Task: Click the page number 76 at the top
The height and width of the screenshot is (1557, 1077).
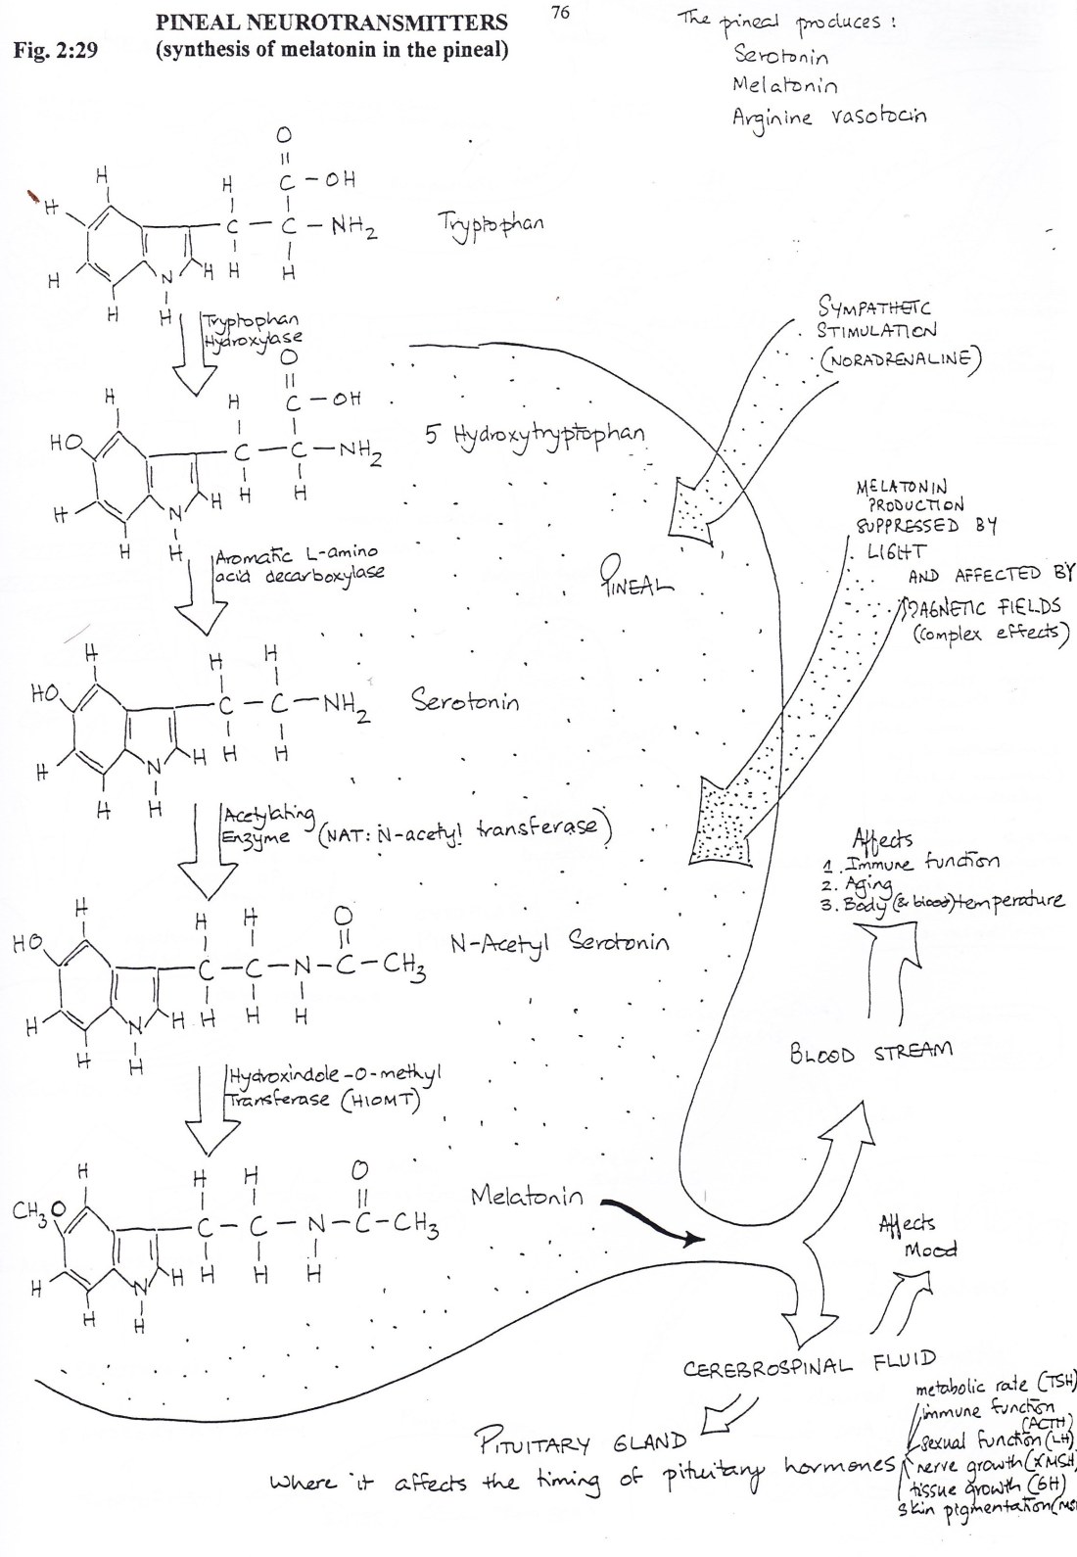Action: pyautogui.click(x=560, y=13)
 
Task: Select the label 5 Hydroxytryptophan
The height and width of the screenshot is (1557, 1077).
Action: pyautogui.click(x=535, y=435)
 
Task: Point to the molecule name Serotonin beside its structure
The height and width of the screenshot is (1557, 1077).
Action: pyautogui.click(x=465, y=701)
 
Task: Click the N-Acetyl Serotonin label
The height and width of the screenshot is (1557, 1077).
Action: pyautogui.click(x=560, y=943)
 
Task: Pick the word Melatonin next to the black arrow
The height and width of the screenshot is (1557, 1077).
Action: pyautogui.click(x=526, y=1197)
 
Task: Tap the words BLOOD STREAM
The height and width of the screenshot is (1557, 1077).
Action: pyautogui.click(x=870, y=1054)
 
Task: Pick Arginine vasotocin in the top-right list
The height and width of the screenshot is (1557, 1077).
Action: pyautogui.click(x=828, y=118)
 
